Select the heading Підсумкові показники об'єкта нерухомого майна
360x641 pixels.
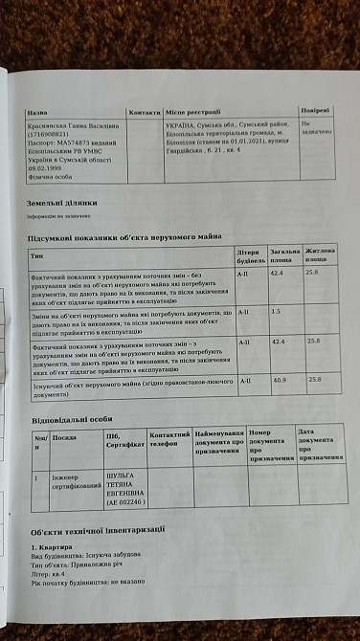(x=124, y=235)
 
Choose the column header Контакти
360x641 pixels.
(x=145, y=112)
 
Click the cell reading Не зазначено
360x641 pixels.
(x=314, y=127)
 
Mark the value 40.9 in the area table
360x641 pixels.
(x=280, y=380)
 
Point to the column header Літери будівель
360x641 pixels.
(x=251, y=254)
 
